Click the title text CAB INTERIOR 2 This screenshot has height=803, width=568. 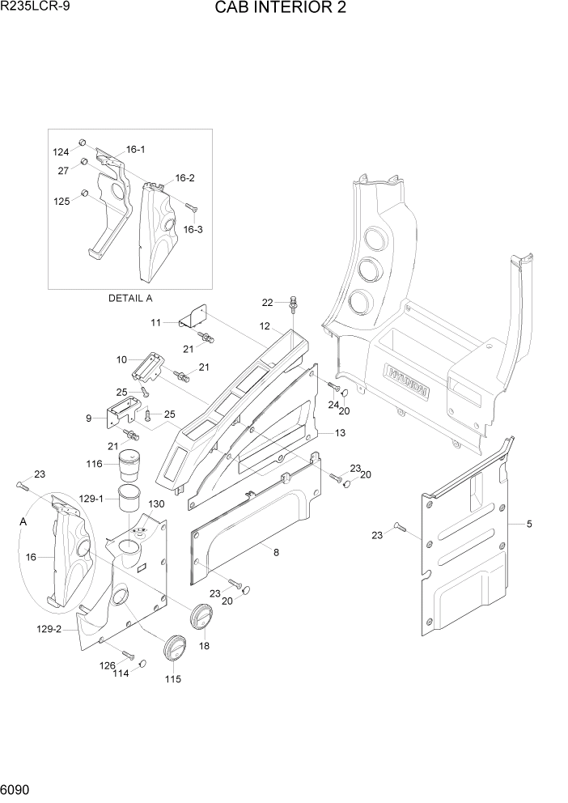tap(283, 10)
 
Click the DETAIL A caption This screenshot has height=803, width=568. tap(130, 298)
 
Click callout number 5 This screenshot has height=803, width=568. tap(529, 524)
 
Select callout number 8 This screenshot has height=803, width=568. tap(276, 553)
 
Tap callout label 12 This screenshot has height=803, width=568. tap(264, 325)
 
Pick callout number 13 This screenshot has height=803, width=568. tap(340, 434)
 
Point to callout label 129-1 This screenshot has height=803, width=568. tap(90, 500)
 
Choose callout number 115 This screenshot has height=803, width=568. tap(173, 678)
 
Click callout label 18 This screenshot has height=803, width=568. tap(204, 646)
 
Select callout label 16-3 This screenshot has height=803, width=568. tap(193, 229)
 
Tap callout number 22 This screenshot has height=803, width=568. tap(267, 302)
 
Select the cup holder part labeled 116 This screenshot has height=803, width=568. tap(129, 467)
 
